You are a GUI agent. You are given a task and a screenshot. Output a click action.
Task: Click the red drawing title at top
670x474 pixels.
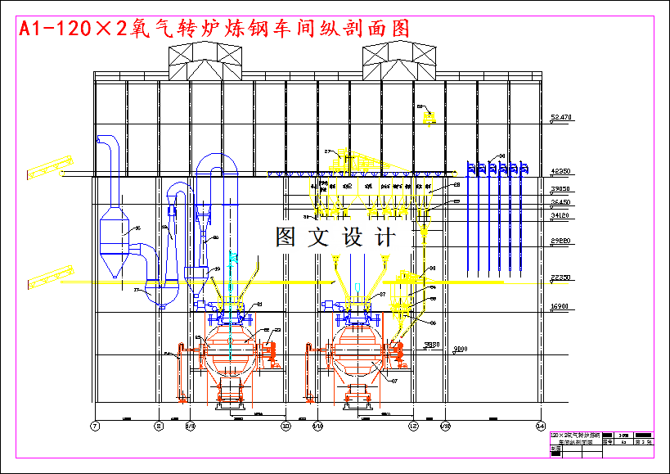click(x=214, y=28)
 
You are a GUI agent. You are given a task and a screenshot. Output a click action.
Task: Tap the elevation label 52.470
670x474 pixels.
click(x=561, y=118)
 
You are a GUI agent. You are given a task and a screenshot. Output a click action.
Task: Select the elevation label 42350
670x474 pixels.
click(x=561, y=172)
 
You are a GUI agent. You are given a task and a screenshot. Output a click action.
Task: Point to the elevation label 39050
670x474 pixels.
click(x=561, y=189)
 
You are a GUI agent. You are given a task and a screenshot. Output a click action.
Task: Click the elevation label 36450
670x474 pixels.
click(x=561, y=202)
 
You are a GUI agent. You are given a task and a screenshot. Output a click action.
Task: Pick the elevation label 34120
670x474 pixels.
click(x=561, y=215)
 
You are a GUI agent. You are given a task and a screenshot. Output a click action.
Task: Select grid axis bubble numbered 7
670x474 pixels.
click(x=95, y=426)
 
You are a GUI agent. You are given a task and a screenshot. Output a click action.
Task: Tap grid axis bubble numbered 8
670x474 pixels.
click(x=159, y=426)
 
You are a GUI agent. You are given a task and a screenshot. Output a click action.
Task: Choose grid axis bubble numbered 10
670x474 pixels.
click(x=286, y=426)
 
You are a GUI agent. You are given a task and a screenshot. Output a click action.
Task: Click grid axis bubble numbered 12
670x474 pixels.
click(x=413, y=426)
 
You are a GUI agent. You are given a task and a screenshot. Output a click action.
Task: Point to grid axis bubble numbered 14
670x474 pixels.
click(x=540, y=426)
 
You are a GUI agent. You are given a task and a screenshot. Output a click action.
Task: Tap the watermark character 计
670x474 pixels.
click(x=384, y=237)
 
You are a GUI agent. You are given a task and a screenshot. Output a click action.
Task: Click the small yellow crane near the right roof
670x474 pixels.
click(x=427, y=117)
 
